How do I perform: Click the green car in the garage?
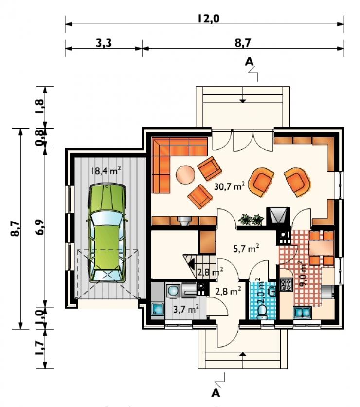[107, 233]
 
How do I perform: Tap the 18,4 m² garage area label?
[106, 170]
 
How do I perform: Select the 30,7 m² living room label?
[230, 186]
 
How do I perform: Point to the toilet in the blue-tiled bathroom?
[262, 312]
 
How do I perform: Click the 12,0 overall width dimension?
[209, 18]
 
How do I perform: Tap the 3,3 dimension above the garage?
[104, 43]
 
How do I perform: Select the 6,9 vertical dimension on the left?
[40, 227]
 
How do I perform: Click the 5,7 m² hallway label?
[246, 248]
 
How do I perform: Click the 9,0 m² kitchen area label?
[303, 274]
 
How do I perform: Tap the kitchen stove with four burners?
[286, 285]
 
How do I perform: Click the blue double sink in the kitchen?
[303, 313]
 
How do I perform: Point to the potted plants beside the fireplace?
[251, 220]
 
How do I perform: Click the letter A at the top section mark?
[249, 62]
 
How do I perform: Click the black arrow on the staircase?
[192, 264]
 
